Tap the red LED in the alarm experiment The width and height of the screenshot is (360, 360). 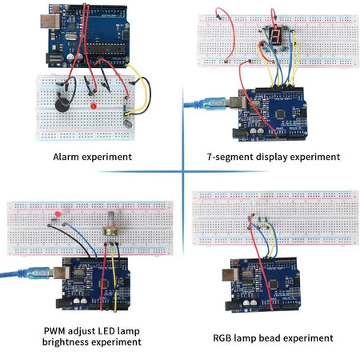click(94, 106)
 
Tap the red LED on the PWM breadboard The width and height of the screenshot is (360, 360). click(58, 218)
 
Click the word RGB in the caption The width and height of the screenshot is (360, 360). click(225, 338)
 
